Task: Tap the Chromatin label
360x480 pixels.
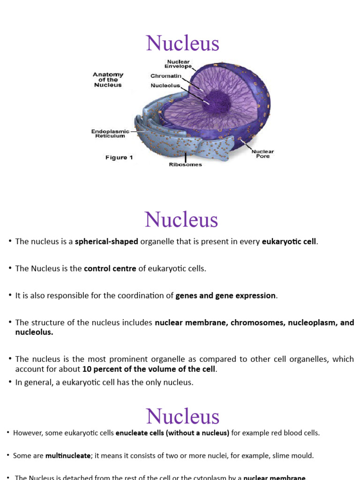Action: point(166,76)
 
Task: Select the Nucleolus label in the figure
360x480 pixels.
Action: point(165,86)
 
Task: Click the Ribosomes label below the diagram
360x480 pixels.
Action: point(185,165)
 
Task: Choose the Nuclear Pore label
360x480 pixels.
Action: point(262,154)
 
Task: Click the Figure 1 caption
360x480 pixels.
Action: point(119,157)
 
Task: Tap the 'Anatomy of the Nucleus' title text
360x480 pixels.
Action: point(108,80)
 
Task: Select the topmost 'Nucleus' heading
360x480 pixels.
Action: point(182,44)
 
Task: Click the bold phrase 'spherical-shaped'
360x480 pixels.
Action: point(106,241)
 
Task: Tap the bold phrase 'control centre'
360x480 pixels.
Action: point(110,269)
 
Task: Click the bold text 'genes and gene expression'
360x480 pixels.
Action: point(225,296)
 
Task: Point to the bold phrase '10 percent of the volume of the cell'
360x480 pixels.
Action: point(149,369)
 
